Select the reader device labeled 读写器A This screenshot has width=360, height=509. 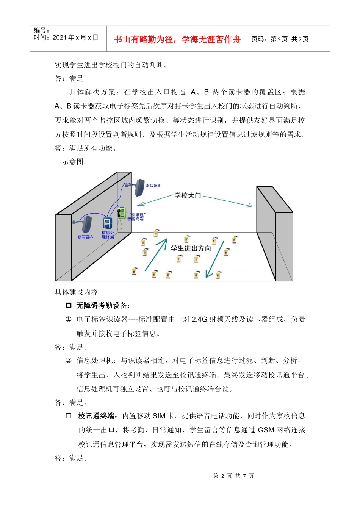point(86,224)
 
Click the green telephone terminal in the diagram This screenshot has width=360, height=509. point(121,213)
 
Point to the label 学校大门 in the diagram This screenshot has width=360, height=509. point(187,195)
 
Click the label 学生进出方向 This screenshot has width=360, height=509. point(191,248)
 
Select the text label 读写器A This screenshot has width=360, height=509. point(85,237)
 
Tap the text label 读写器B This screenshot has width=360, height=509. point(153,186)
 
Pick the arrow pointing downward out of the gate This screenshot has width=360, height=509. point(215,259)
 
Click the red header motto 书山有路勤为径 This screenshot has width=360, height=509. point(177,39)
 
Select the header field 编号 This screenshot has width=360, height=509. point(41,30)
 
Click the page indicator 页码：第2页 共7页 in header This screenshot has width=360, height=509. point(280,39)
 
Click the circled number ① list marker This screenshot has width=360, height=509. point(69,319)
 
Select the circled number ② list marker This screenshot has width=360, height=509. point(69,361)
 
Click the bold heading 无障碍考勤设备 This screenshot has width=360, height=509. point(103,306)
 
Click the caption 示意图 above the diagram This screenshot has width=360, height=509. point(74,162)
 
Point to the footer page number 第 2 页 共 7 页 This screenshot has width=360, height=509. point(233,476)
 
